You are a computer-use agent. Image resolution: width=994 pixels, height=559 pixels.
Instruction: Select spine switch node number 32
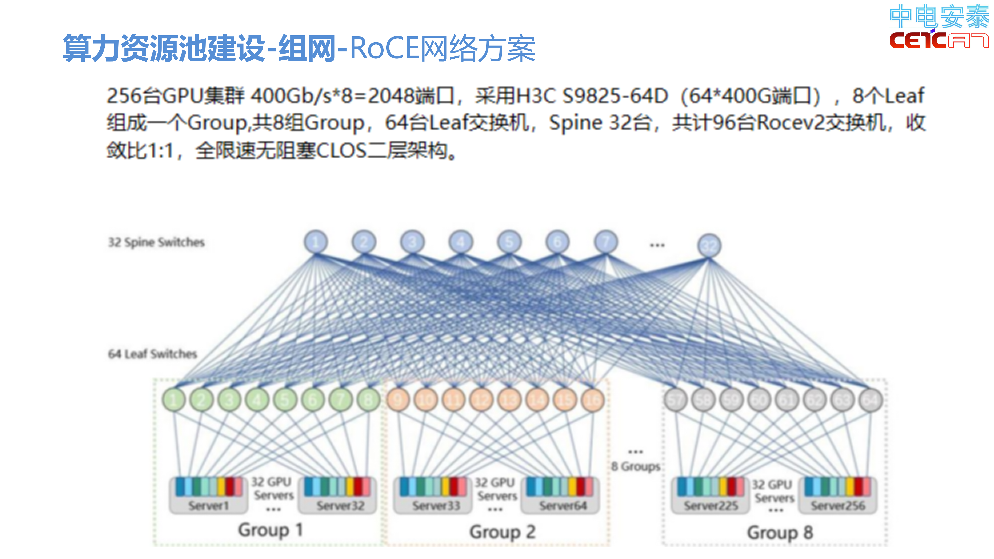[709, 245]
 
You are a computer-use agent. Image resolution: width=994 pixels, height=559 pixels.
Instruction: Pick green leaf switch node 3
[229, 400]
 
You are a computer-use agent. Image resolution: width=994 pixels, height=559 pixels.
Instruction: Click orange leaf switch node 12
[481, 400]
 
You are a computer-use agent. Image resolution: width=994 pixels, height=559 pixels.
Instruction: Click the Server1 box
[208, 496]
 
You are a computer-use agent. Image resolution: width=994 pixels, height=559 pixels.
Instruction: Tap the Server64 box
[563, 496]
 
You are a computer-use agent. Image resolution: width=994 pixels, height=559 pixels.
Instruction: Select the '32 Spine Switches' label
[156, 242]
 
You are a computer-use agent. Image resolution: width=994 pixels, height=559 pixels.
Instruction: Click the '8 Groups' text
[636, 466]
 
